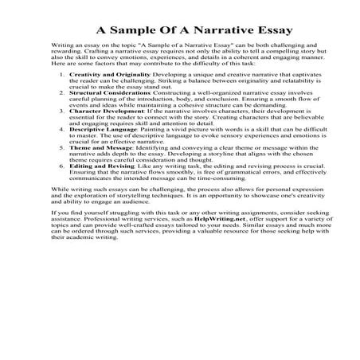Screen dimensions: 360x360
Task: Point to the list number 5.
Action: coord(63,170)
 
